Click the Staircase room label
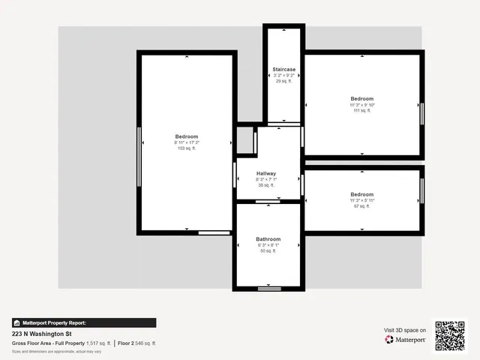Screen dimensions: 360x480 [x=283, y=69]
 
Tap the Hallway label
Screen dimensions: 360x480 [x=266, y=173]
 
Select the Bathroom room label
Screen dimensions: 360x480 [x=268, y=239]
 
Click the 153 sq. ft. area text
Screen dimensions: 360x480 [x=186, y=148]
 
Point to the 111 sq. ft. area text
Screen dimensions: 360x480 [x=361, y=111]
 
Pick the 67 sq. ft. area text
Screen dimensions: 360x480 [x=361, y=206]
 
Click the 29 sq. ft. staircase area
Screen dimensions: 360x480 [x=283, y=81]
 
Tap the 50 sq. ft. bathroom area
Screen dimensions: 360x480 [x=268, y=251]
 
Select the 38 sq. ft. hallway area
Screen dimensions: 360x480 [x=266, y=185]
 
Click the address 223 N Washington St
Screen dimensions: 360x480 [x=41, y=334]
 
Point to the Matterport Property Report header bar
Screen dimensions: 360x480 [x=84, y=322]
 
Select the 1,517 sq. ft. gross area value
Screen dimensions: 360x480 [x=97, y=343]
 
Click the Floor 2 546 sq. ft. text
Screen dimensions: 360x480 [x=137, y=343]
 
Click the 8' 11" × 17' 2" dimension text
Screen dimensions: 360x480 [x=186, y=142]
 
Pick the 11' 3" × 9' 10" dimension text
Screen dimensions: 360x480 [x=361, y=105]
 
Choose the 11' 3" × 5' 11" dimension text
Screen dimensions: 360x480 [x=361, y=200]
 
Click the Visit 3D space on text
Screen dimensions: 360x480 [x=405, y=330]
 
